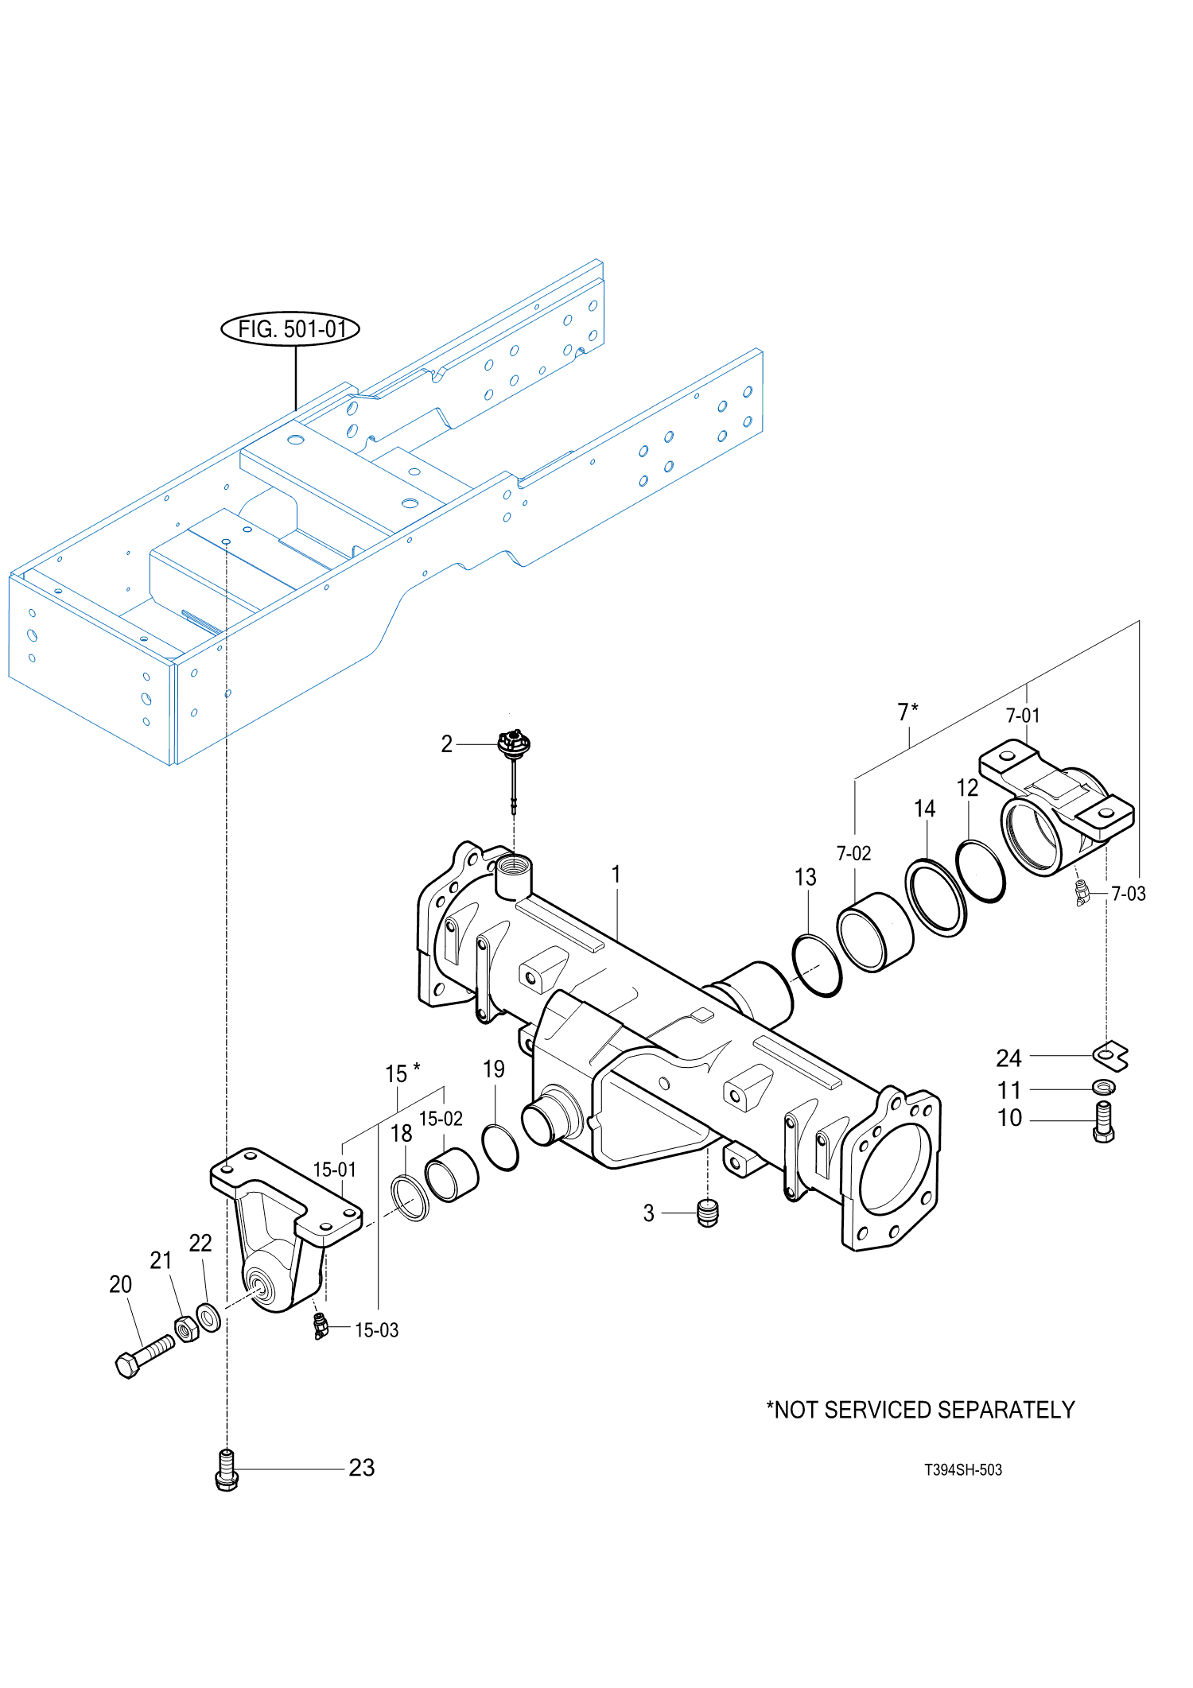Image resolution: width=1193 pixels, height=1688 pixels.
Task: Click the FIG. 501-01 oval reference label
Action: pos(290,328)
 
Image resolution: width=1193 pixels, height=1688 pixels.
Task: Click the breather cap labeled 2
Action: pos(513,746)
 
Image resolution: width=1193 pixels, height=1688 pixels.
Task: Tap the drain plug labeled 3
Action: pos(707,1213)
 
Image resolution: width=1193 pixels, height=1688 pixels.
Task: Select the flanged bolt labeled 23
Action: pos(227,1470)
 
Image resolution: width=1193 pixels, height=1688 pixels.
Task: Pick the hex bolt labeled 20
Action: pos(143,1356)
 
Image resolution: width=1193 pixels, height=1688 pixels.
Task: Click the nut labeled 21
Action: pos(186,1329)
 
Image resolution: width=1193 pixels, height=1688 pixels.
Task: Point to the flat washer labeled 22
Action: pos(208,1317)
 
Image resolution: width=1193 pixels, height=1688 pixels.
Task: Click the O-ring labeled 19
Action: pos(500,1148)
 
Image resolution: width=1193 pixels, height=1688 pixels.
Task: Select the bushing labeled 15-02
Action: pos(451,1175)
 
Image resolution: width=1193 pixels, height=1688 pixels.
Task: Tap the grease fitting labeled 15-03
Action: pos(320,1326)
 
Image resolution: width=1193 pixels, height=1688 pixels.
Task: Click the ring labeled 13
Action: pos(817,966)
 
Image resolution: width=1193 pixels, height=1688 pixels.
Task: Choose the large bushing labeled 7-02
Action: pos(875,932)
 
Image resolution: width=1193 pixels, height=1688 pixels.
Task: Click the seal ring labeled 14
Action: pos(936,898)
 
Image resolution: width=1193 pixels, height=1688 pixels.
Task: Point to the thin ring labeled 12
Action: pos(980,871)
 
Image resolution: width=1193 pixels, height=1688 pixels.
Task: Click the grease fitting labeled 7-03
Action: pos(1082,894)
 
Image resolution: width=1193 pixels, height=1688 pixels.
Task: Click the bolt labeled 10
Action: pos(1104,1122)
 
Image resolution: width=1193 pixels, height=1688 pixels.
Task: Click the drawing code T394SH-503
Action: pos(962,1470)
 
